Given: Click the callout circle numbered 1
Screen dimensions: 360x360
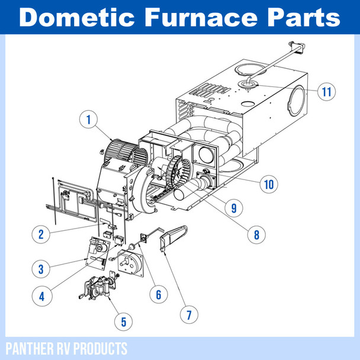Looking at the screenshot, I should click(x=88, y=120).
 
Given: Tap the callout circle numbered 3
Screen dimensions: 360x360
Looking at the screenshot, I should click(x=41, y=269).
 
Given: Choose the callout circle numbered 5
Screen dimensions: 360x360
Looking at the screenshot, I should click(x=123, y=322).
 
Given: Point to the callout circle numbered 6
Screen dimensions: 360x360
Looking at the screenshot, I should click(x=158, y=293).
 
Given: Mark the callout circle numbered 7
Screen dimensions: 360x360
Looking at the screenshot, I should click(x=189, y=314).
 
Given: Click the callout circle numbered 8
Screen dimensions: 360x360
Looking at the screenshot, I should click(x=256, y=234).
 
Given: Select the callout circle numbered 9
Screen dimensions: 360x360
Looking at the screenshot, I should click(x=233, y=208).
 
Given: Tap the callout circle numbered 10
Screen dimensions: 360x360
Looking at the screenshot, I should click(x=269, y=184).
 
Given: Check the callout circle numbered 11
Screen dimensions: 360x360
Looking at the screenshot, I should click(x=326, y=92).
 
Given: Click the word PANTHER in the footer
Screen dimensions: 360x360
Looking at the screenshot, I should click(x=30, y=347).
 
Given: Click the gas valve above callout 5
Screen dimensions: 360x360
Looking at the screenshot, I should click(x=97, y=288).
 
